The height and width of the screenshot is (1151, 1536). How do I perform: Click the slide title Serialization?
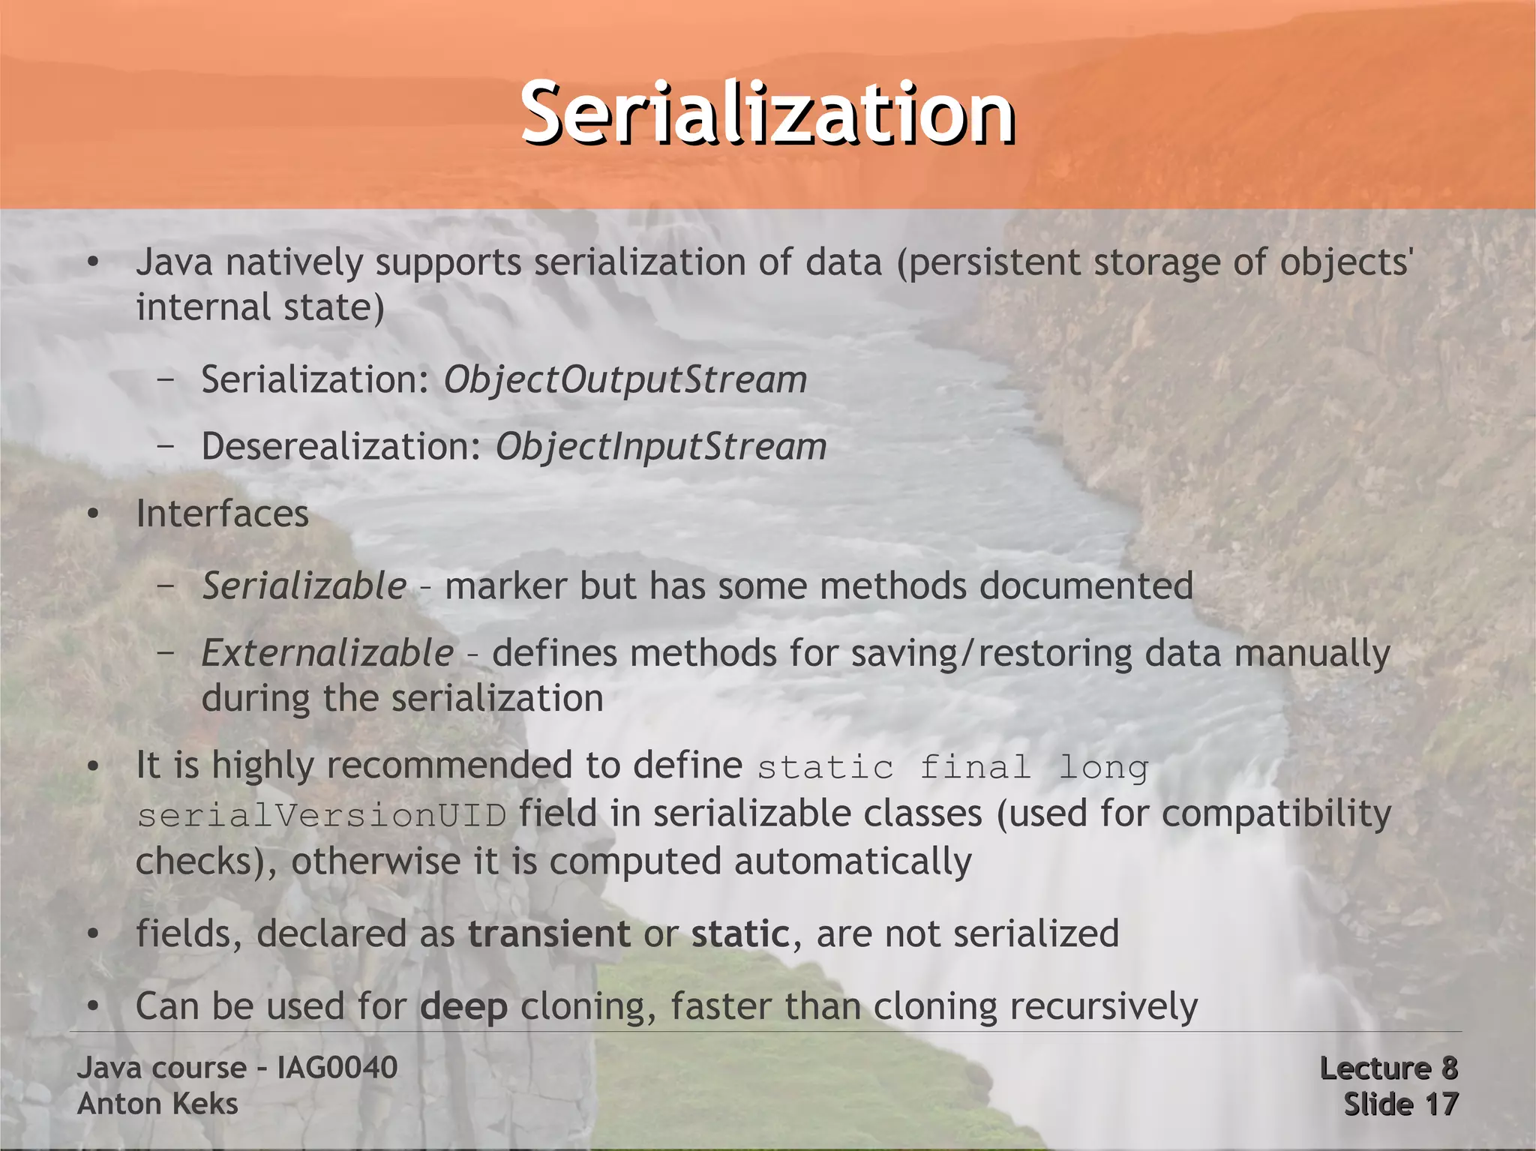[767, 114]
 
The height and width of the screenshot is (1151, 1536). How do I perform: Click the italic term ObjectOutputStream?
[625, 379]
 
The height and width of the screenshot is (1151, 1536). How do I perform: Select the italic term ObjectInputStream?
[661, 447]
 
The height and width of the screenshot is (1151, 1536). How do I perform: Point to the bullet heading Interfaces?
[222, 514]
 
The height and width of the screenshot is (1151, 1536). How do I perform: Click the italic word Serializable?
[304, 586]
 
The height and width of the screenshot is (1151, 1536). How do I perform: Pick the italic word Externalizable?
[328, 653]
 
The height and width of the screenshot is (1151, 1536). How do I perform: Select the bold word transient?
[549, 934]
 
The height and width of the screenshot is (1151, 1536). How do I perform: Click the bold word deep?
[463, 1007]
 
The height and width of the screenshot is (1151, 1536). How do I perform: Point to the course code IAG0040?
[337, 1068]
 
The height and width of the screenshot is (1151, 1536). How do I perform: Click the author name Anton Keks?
[157, 1104]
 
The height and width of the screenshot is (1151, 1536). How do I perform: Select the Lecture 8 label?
[1388, 1068]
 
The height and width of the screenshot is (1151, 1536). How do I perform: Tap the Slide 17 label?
[1400, 1104]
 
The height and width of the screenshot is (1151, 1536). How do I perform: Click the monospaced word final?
[974, 768]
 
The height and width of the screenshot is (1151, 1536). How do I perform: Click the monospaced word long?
[1103, 768]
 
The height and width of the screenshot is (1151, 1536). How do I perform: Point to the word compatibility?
[1276, 814]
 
